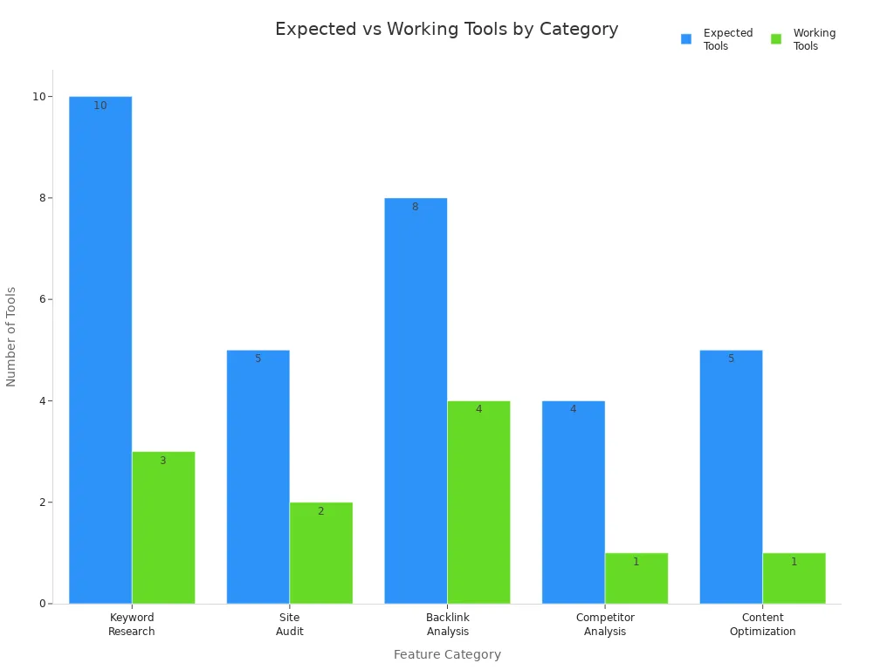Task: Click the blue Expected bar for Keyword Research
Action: [x=100, y=349]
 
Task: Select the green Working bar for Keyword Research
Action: [x=163, y=528]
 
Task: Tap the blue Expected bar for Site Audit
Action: [x=258, y=476]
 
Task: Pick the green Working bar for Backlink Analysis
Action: [x=478, y=502]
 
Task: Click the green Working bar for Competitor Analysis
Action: [x=636, y=578]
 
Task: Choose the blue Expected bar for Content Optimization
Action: [x=731, y=476]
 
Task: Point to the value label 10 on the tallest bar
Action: [x=100, y=106]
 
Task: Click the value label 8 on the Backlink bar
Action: [x=416, y=207]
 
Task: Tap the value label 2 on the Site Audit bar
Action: [x=320, y=511]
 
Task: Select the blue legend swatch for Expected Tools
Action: [x=686, y=39]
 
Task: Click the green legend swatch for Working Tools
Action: [x=776, y=39]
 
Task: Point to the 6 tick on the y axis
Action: [x=40, y=299]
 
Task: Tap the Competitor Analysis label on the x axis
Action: [x=605, y=625]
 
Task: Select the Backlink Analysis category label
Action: [x=447, y=625]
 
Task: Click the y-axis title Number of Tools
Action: [x=11, y=336]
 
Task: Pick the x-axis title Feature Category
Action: [x=447, y=654]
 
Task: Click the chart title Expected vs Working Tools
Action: [x=446, y=30]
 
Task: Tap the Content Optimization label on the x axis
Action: [x=762, y=625]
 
